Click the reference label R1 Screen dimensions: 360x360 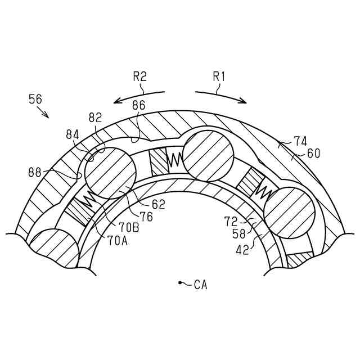pyautogui.click(x=218, y=77)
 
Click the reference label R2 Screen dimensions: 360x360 pyautogui.click(x=139, y=77)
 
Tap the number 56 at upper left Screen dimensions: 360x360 pyautogui.click(x=35, y=99)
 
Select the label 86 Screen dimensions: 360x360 pyautogui.click(x=138, y=105)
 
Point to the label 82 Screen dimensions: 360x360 pyautogui.click(x=95, y=118)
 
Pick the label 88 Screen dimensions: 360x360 pyautogui.click(x=35, y=172)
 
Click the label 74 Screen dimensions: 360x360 pyautogui.click(x=300, y=142)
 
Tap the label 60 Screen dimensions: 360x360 pyautogui.click(x=313, y=153)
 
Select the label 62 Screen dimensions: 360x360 pyautogui.click(x=158, y=205)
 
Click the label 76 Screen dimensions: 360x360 pyautogui.click(x=146, y=217)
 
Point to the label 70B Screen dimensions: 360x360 pyautogui.click(x=129, y=228)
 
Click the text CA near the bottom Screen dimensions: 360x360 pyautogui.click(x=200, y=285)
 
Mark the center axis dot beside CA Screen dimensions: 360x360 pyautogui.click(x=179, y=282)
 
